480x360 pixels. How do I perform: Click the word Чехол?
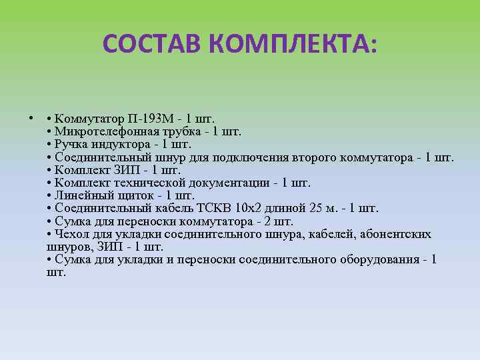pos(71,234)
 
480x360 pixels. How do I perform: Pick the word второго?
pos(314,158)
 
